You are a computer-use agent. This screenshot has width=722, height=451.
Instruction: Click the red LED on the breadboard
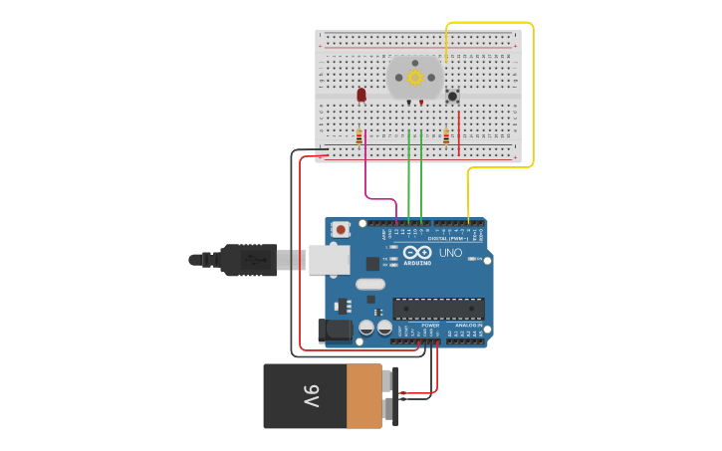click(x=361, y=95)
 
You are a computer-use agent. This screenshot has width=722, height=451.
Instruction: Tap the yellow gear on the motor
click(x=415, y=77)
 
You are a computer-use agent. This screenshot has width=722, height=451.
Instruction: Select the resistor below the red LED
click(x=359, y=137)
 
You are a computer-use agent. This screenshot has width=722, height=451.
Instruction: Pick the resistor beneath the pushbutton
click(x=446, y=137)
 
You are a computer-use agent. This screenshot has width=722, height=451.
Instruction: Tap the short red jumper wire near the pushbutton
click(x=458, y=131)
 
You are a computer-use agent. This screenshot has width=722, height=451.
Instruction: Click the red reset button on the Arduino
click(x=341, y=229)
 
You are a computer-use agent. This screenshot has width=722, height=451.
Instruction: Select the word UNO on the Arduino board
click(x=450, y=253)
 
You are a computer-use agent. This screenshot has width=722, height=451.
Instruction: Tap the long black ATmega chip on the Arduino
click(x=439, y=309)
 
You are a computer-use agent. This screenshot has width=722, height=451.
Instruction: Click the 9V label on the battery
click(x=312, y=396)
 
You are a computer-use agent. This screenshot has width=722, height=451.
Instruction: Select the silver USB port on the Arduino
click(x=329, y=260)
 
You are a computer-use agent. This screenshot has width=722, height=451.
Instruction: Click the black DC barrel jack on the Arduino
click(x=334, y=331)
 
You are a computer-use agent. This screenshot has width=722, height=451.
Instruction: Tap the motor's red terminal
click(x=421, y=103)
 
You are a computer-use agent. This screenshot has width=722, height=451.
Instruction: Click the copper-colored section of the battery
click(x=363, y=396)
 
